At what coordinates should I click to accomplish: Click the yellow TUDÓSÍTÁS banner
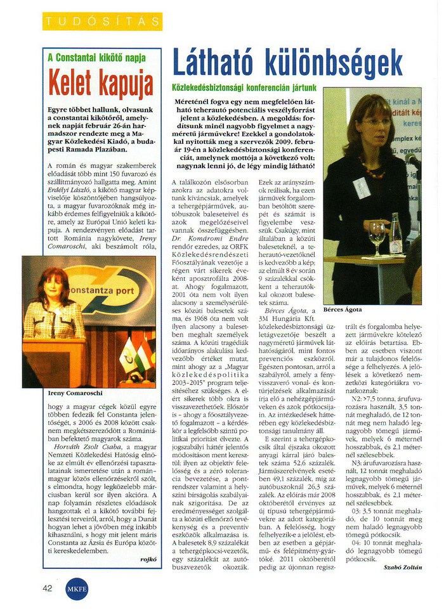pyautogui.click(x=102, y=22)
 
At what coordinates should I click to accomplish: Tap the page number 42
pyautogui.click(x=48, y=588)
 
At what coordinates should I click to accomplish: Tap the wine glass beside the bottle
pyautogui.click(x=377, y=234)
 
